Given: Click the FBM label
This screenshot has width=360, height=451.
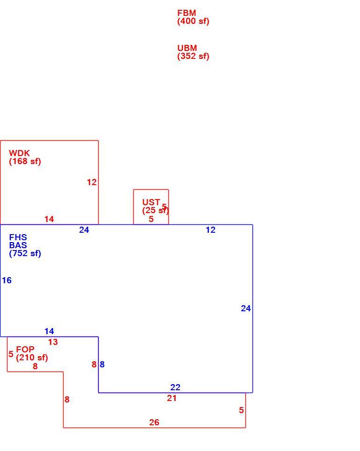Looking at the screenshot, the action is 187,13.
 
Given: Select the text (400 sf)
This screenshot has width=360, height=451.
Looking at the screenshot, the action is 193,21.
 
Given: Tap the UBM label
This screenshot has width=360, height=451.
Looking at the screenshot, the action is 187,48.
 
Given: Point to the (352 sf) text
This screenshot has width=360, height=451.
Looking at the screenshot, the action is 193,57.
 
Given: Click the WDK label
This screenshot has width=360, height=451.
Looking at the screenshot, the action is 19,153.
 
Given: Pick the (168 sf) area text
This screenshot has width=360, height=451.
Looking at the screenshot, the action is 25,161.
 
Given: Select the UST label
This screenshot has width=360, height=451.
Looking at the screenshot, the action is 151,202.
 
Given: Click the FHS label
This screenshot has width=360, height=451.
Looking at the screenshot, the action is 18,237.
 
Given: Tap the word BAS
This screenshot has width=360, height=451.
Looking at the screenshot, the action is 18,245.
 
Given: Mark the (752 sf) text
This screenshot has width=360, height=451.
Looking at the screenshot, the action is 25,254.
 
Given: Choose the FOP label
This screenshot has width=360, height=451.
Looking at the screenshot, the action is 25,350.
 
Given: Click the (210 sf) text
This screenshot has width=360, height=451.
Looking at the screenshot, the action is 32,358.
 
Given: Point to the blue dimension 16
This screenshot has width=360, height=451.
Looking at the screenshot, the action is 7,280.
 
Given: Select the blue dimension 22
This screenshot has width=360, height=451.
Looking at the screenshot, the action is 175,387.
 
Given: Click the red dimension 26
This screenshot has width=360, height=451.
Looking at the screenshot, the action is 154,422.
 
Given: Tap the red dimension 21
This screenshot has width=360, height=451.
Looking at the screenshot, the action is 172,398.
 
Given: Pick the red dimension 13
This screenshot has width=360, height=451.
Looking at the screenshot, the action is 53,342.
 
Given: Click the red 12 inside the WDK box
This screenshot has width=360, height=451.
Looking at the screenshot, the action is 92,182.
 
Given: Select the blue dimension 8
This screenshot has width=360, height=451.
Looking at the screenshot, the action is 102,365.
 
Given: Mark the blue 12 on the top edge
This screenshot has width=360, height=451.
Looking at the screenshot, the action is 211,230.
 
